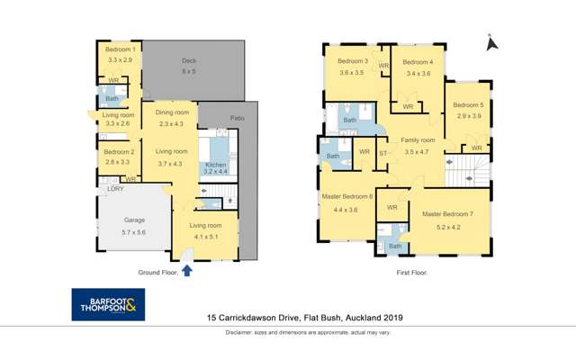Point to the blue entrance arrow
187,269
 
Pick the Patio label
238,117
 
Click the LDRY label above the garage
115,189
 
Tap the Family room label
418,140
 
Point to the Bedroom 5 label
469,105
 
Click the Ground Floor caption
157,272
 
